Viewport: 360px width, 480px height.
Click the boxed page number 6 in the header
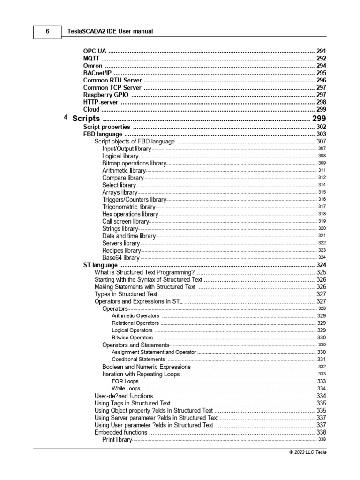click(x=47, y=31)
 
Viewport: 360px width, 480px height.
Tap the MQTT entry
click(x=92, y=59)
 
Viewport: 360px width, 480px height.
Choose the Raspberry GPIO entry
click(x=105, y=95)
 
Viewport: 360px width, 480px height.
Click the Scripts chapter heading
click(x=86, y=119)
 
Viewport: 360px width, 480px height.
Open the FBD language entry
click(x=103, y=134)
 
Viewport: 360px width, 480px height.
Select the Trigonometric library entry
click(x=128, y=207)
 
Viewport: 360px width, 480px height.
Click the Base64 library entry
click(x=120, y=257)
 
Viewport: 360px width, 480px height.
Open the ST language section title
click(x=100, y=265)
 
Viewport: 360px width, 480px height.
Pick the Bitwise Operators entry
click(x=132, y=337)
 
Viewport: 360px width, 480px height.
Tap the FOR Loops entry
click(x=125, y=381)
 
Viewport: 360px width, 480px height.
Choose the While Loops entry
click(x=126, y=389)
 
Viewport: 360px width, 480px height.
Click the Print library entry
click(x=117, y=439)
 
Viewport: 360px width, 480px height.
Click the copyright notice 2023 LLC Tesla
click(x=308, y=452)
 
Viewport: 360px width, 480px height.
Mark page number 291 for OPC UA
click(x=321, y=51)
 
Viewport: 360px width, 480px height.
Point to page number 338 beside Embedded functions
click(x=321, y=432)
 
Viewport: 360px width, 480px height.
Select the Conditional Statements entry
click(x=138, y=360)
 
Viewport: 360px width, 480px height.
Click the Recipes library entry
click(x=121, y=250)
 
